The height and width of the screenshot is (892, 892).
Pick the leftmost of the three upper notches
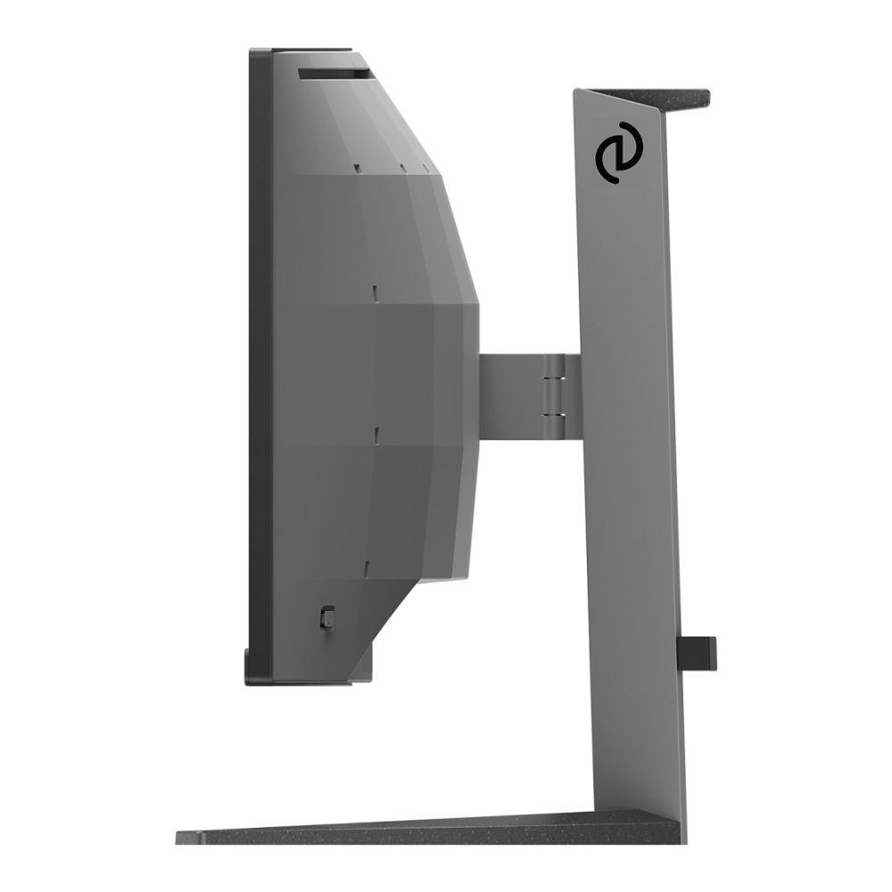355,167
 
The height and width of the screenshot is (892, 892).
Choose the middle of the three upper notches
403,166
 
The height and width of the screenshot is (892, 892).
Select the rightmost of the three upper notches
426,167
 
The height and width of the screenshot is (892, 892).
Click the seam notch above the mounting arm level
376,293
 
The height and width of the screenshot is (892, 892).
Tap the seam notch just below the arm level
377,434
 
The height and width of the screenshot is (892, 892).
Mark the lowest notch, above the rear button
366,565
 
